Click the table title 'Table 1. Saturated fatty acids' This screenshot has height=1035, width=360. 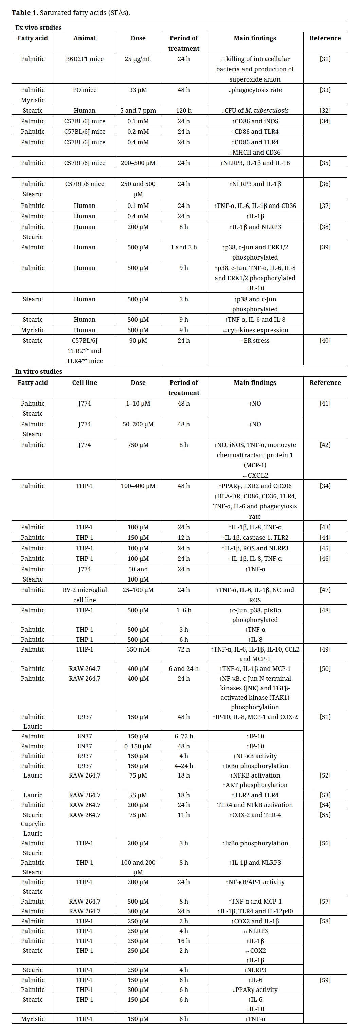71,13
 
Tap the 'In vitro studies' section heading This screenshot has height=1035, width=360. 39,371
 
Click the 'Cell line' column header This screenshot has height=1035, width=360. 84,382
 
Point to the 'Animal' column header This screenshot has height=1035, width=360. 84,38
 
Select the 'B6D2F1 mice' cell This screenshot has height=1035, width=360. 84,59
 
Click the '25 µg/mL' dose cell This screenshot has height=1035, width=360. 138,59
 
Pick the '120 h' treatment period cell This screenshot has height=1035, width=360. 184,110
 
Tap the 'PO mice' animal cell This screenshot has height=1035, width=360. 84,90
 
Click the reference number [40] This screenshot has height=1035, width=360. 325,340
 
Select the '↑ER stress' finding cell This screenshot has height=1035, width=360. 255,340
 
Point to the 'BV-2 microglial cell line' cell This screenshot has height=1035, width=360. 84,595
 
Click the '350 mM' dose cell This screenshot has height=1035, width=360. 138,649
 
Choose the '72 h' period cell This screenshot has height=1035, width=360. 184,649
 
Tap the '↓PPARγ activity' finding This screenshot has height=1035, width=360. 255,989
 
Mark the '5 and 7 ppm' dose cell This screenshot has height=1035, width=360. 138,110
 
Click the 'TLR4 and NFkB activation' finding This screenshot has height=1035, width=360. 255,805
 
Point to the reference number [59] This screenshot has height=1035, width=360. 325,980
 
